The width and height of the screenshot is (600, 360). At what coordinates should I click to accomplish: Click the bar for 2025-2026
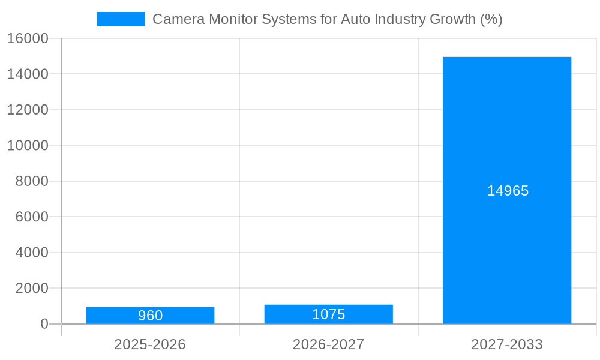tap(150, 315)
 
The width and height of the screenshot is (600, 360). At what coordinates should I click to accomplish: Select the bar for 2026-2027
tap(328, 314)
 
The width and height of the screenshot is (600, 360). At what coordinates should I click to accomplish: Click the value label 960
tap(150, 316)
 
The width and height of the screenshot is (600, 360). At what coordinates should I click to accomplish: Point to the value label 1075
tap(328, 314)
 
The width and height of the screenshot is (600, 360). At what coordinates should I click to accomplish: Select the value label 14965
tap(508, 191)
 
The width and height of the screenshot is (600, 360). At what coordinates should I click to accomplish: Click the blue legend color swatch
tap(121, 19)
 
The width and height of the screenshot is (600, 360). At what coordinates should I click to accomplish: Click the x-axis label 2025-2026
tap(150, 344)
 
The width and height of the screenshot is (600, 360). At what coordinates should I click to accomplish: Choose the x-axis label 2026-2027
tap(328, 344)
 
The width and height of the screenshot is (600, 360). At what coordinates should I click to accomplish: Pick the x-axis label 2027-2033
tap(507, 344)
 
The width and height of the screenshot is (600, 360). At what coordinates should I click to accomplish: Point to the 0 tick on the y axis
tap(44, 324)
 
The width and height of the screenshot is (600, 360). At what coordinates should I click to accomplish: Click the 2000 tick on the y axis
tap(31, 289)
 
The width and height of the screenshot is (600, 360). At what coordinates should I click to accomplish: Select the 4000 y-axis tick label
tap(31, 253)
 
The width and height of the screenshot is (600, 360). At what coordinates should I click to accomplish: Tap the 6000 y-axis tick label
tap(31, 217)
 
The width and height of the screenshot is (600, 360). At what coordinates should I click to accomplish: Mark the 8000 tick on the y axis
tap(31, 181)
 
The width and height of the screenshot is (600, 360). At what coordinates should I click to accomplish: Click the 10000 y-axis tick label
tap(28, 146)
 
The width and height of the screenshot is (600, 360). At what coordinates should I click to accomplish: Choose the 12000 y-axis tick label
tap(28, 110)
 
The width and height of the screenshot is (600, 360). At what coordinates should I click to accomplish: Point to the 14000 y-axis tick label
tap(28, 74)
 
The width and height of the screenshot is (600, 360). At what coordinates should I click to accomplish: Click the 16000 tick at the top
tap(28, 39)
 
